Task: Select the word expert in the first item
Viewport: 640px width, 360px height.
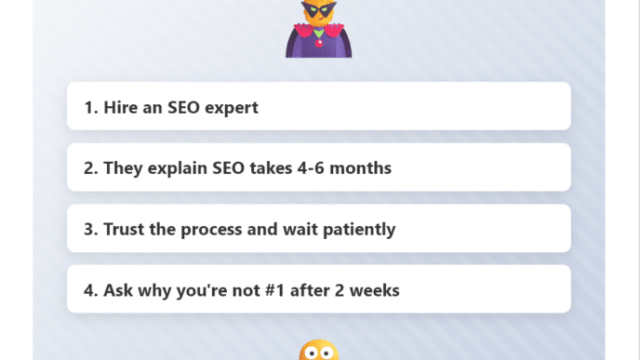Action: click(x=230, y=108)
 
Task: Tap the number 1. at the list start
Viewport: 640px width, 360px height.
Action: click(x=91, y=108)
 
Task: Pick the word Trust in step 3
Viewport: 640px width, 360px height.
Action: click(x=124, y=229)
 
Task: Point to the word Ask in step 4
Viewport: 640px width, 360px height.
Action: click(x=118, y=290)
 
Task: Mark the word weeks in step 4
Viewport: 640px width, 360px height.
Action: click(x=374, y=290)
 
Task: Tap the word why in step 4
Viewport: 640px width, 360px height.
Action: click(x=153, y=290)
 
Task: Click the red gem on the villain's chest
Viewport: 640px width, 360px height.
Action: click(x=319, y=41)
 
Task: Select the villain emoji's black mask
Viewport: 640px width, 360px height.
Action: click(x=319, y=13)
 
